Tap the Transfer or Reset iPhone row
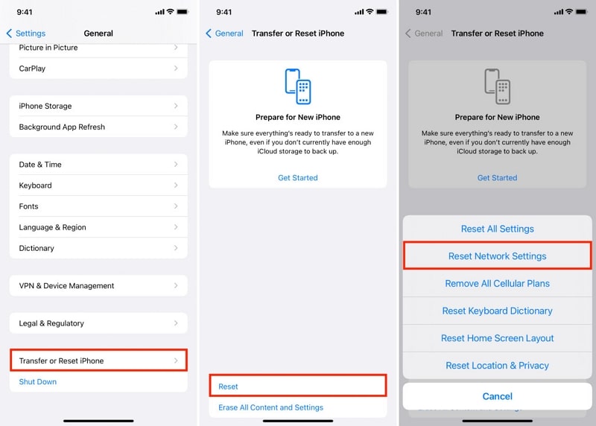pos(98,360)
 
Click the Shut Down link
pos(38,381)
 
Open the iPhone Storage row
pos(98,106)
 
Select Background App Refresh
pos(98,127)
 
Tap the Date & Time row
pos(98,164)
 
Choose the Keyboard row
pos(98,185)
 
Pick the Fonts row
pos(98,206)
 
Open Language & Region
pos(98,227)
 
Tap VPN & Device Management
pos(98,285)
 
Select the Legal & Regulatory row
pos(98,323)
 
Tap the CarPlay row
pos(98,69)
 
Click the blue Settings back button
pos(26,34)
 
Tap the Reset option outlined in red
pos(297,386)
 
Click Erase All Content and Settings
pos(270,407)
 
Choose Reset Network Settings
pos(497,255)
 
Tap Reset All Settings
pos(497,229)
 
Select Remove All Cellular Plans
pos(497,283)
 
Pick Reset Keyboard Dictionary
pos(497,311)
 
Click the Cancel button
pos(497,396)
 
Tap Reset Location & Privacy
pos(497,365)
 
